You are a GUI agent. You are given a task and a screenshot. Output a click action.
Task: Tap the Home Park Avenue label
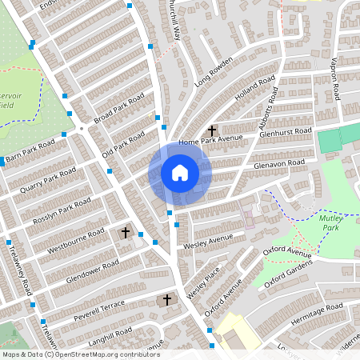(x=210, y=142)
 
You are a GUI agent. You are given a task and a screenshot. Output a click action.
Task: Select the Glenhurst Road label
(x=285, y=132)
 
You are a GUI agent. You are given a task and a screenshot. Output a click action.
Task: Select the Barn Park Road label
(x=30, y=151)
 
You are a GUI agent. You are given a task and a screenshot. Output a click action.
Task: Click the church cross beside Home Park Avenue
(x=212, y=130)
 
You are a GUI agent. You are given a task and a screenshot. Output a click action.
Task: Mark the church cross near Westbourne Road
(x=125, y=232)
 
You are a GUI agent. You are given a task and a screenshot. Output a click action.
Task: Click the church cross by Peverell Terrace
(x=167, y=300)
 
